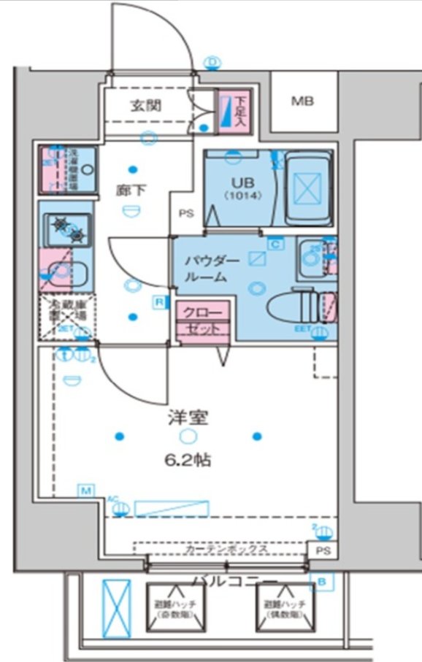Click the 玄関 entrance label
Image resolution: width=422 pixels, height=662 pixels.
146,105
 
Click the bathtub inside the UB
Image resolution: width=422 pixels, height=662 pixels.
307,189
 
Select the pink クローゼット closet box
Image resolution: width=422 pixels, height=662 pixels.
202,320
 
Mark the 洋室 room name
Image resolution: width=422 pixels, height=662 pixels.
190,418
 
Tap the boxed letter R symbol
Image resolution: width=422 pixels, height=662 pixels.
158,301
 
